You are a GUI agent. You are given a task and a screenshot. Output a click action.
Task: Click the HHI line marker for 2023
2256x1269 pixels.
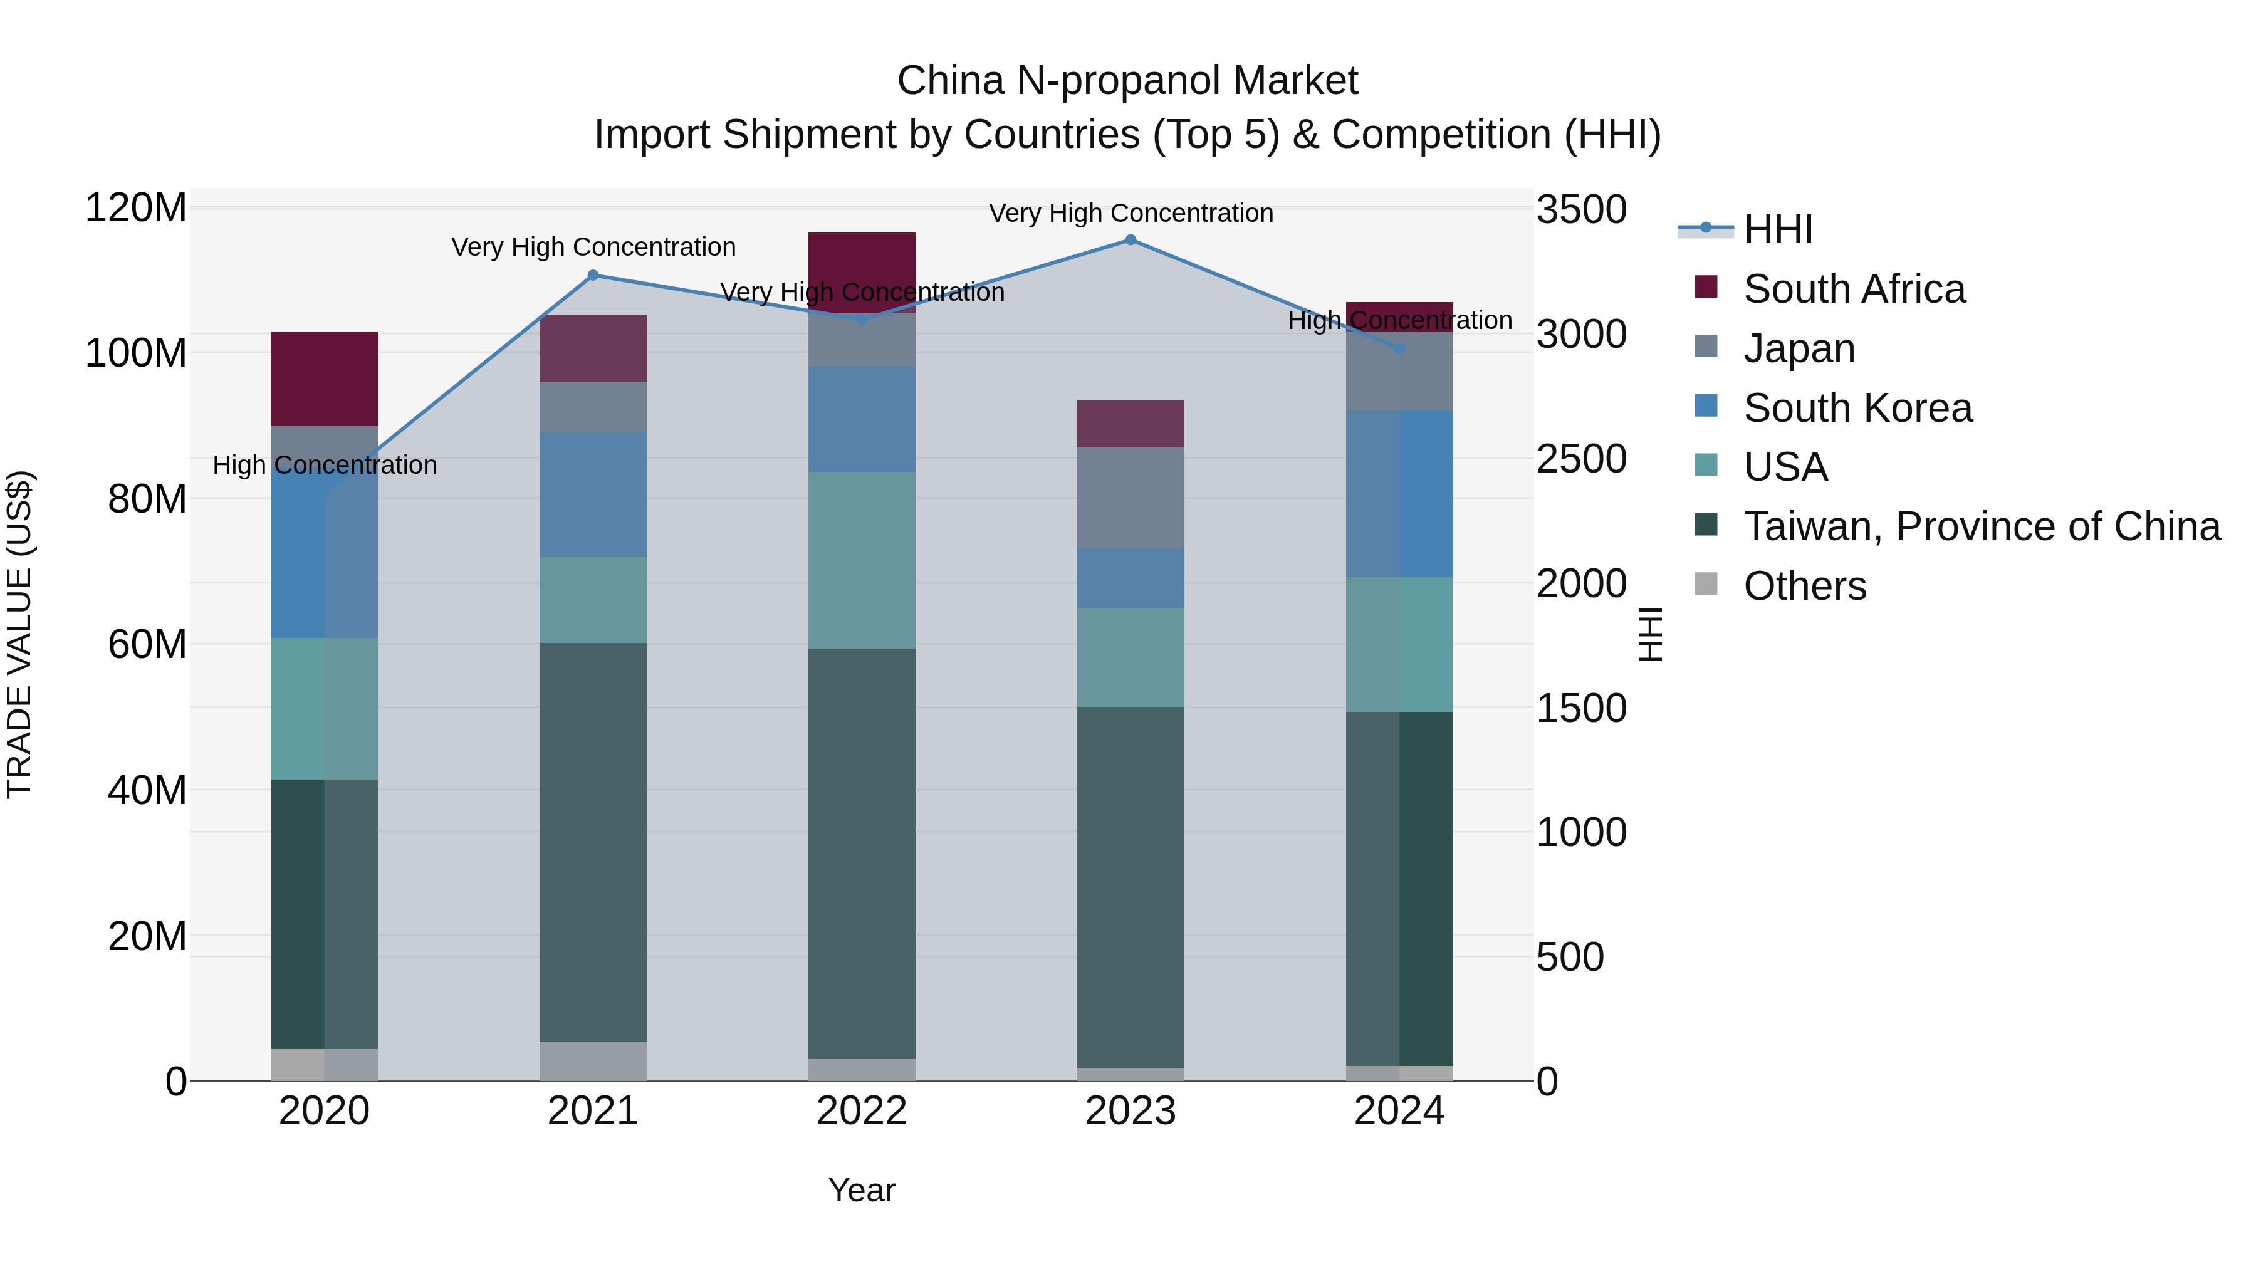tap(1130, 240)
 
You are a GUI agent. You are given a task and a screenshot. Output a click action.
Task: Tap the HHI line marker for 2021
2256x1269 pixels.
tap(593, 275)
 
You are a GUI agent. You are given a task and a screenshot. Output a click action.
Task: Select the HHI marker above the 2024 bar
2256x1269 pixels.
tap(1399, 348)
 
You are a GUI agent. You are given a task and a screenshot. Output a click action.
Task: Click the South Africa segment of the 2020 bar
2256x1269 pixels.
tap(324, 379)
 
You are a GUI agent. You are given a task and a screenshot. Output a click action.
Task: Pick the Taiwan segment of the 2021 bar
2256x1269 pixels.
tap(593, 841)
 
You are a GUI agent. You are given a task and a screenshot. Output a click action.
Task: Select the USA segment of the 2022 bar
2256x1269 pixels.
tap(862, 560)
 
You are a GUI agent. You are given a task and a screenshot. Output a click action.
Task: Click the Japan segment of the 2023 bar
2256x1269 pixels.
tap(1130, 498)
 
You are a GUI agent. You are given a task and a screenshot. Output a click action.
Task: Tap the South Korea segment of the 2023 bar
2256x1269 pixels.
tap(1130, 578)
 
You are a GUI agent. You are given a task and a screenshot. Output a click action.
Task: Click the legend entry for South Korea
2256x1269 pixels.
tap(1857, 408)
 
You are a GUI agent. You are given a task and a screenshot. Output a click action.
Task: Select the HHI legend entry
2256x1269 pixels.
tap(1778, 229)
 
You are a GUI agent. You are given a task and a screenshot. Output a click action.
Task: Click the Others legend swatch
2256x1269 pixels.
tap(1706, 584)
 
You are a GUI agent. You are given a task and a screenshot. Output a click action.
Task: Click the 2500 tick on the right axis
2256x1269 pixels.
tap(1582, 459)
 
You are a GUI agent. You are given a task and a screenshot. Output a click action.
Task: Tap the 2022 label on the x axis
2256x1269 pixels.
tap(862, 1111)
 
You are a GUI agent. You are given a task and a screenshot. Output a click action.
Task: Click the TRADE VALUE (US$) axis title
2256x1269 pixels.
tap(19, 634)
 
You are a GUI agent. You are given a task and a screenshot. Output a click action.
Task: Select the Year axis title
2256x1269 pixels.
tap(862, 1190)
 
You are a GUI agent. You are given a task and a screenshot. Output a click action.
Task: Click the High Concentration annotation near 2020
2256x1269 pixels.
tap(325, 465)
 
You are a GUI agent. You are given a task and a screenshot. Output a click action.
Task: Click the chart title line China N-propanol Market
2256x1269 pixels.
tap(1127, 81)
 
